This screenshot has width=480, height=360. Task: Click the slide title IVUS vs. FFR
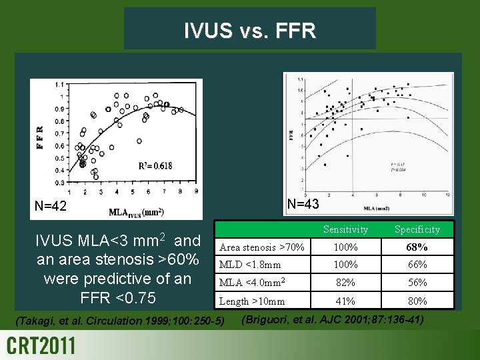(249, 31)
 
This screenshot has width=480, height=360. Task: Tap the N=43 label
(302, 204)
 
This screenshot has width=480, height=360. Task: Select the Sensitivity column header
(345, 229)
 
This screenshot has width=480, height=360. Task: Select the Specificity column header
(417, 229)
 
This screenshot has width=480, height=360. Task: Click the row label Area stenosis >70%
(262, 248)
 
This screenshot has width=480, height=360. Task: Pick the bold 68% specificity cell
(417, 247)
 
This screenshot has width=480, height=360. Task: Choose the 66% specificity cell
(417, 265)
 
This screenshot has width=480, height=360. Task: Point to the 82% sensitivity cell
(345, 283)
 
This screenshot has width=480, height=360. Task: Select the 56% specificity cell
(417, 283)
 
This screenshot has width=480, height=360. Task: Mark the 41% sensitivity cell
(345, 301)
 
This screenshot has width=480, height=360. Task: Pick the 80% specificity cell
(417, 301)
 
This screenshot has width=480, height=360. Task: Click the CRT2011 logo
(41, 346)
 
